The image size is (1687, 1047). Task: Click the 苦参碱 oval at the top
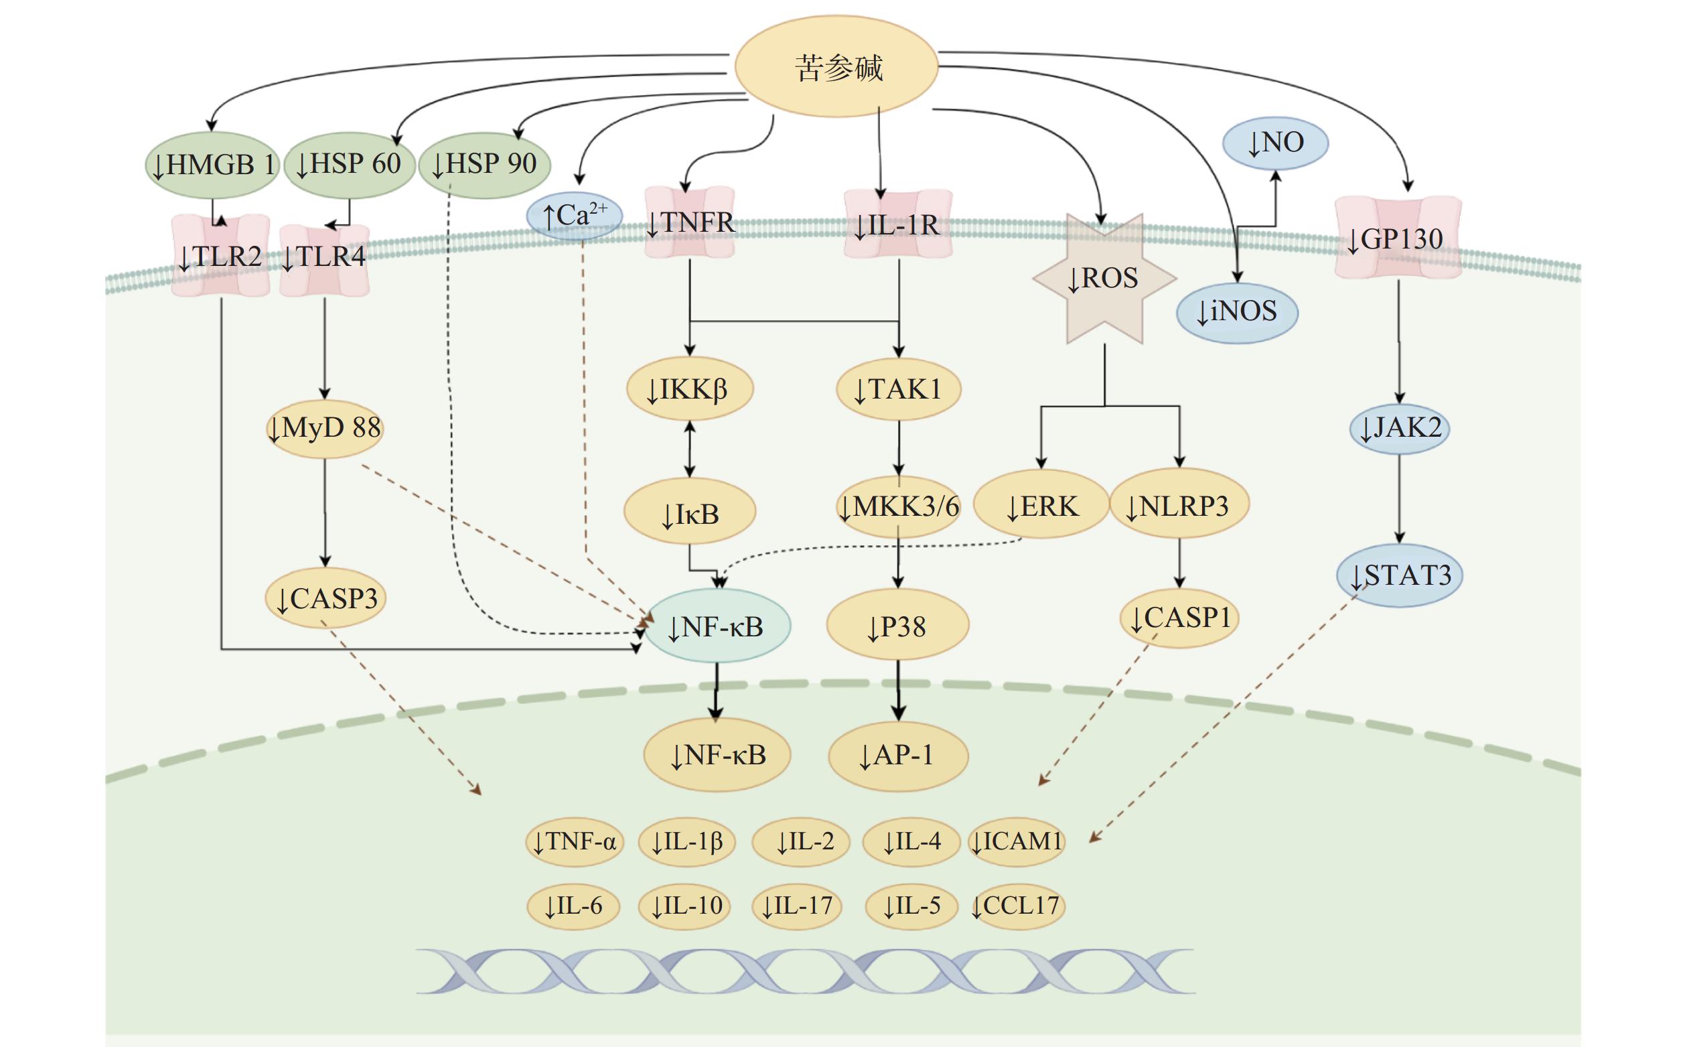coord(836,67)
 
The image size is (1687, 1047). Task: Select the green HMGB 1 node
coord(212,165)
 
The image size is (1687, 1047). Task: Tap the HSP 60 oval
coord(349,164)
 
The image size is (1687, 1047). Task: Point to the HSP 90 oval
coord(485,164)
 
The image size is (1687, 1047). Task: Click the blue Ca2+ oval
coord(575,215)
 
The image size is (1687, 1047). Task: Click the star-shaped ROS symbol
coord(1104,279)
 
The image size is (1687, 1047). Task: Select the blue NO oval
coord(1275,143)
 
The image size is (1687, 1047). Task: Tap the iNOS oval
coord(1237,311)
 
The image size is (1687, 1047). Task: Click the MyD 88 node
coord(325,428)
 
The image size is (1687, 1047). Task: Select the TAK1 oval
coord(899,389)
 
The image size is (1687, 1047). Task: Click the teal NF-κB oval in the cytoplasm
coord(717,626)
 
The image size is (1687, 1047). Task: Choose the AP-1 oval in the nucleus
coord(898,755)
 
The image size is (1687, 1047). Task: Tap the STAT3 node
coord(1399,575)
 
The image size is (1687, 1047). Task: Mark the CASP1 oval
coord(1179,618)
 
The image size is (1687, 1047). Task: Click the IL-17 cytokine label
coord(797,906)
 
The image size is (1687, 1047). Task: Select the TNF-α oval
coord(575,842)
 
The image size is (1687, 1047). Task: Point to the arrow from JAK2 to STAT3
coord(1399,498)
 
